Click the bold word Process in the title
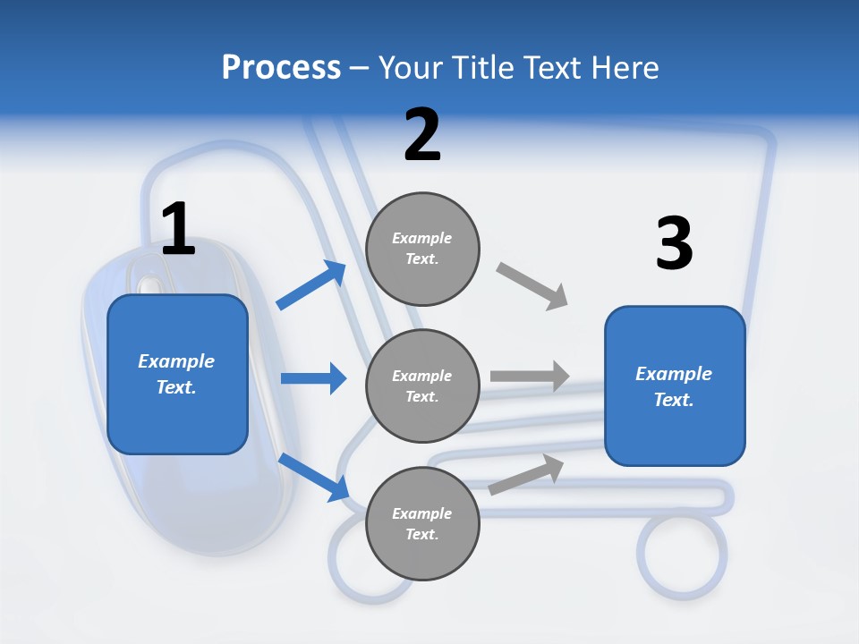click(x=281, y=67)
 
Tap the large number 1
click(x=177, y=229)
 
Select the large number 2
click(x=422, y=135)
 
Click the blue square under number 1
click(x=177, y=374)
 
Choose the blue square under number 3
click(x=675, y=386)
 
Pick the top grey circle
click(x=422, y=248)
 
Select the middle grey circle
click(x=422, y=386)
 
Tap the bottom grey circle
click(x=422, y=523)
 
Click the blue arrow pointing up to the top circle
click(x=311, y=285)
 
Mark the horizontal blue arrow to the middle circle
click(x=313, y=378)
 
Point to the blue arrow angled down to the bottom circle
click(x=313, y=476)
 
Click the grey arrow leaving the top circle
click(x=532, y=286)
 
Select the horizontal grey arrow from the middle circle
click(x=530, y=377)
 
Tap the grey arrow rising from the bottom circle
click(x=527, y=473)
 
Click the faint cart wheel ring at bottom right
click(x=682, y=553)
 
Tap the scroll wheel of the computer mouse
click(x=150, y=284)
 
